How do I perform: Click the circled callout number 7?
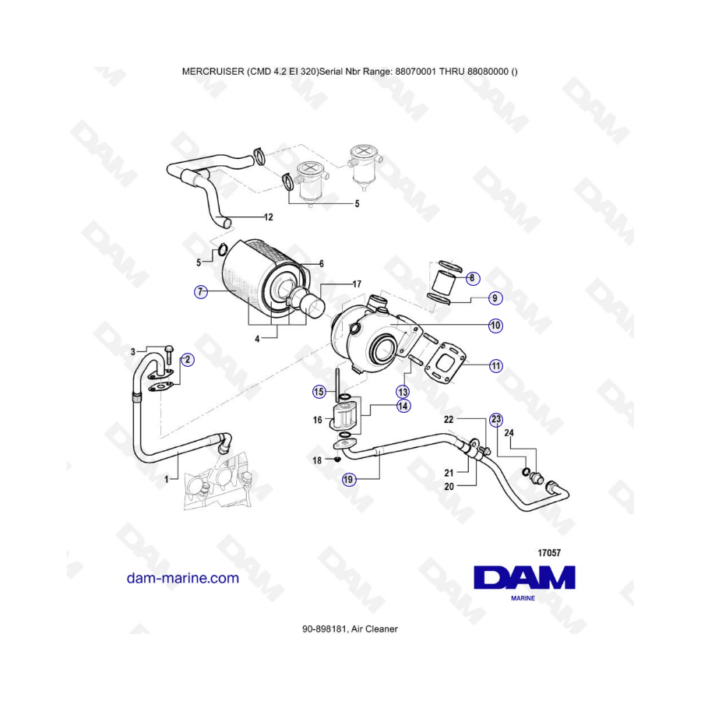[201, 292]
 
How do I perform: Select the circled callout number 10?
[495, 326]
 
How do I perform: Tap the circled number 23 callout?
[496, 419]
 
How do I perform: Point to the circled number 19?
[348, 480]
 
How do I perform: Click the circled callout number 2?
[188, 359]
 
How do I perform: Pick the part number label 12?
[268, 217]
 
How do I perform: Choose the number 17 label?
[357, 284]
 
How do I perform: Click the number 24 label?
[509, 433]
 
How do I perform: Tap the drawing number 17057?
[548, 553]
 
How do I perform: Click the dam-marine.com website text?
[183, 578]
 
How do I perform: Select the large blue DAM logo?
[524, 578]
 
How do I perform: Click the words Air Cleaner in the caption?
[374, 629]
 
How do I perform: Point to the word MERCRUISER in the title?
[213, 72]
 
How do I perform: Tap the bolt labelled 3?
[168, 354]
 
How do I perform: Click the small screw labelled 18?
[337, 459]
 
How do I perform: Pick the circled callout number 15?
[319, 392]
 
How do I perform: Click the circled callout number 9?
[495, 298]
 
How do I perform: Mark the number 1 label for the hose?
[167, 480]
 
